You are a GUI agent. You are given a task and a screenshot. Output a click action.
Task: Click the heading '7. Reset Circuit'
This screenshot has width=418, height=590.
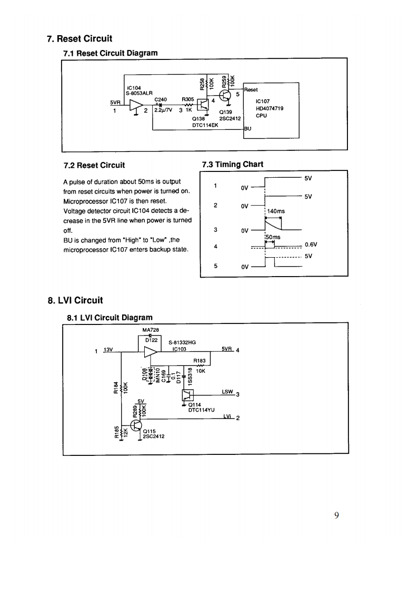tap(79, 39)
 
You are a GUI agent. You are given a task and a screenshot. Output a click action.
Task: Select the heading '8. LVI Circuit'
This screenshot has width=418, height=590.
tap(75, 301)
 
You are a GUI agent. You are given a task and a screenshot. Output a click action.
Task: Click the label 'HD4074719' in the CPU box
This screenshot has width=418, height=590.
tap(270, 108)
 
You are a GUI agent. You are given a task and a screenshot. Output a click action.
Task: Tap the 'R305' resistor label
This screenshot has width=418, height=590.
tap(188, 99)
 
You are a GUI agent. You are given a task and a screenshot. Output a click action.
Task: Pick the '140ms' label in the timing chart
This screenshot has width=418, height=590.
tap(276, 211)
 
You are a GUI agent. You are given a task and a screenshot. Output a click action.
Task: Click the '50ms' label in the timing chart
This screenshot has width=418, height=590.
tap(273, 237)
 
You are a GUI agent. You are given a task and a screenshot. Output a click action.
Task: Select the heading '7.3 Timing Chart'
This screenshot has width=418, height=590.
tap(233, 165)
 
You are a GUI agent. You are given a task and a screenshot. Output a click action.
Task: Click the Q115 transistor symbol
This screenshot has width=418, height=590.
tap(136, 426)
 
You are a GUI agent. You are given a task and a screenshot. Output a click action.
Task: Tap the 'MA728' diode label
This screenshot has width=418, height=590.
tap(151, 329)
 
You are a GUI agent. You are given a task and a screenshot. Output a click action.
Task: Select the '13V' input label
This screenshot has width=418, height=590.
tap(108, 350)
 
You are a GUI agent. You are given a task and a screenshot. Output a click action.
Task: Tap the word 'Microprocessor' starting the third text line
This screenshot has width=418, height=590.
tap(85, 201)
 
